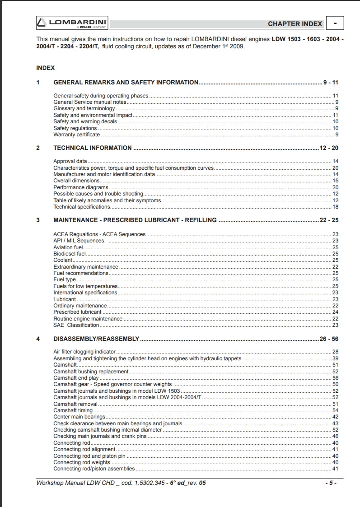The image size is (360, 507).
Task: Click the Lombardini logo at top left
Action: [x=71, y=23]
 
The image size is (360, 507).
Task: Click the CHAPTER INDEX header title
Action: [x=295, y=24]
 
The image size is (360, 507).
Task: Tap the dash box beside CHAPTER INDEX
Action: [x=335, y=23]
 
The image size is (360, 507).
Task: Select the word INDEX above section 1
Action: [x=45, y=68]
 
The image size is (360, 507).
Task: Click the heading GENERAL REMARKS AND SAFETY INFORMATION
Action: [x=126, y=83]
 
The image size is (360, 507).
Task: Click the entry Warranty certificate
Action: [x=76, y=135]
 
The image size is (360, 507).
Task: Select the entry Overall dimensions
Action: [x=76, y=181]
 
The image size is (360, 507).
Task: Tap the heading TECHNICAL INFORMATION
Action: [x=92, y=148]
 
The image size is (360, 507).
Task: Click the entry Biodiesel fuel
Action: [x=69, y=254]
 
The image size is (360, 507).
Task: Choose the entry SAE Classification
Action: [x=76, y=325]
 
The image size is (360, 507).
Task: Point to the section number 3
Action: [x=38, y=220]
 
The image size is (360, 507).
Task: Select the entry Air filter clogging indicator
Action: [x=84, y=352]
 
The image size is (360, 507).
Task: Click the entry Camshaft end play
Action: [x=76, y=378]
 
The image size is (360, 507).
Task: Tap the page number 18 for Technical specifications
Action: [x=335, y=207]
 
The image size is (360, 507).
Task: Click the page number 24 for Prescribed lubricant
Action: [x=335, y=312]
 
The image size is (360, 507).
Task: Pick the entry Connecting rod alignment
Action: [x=84, y=449]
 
